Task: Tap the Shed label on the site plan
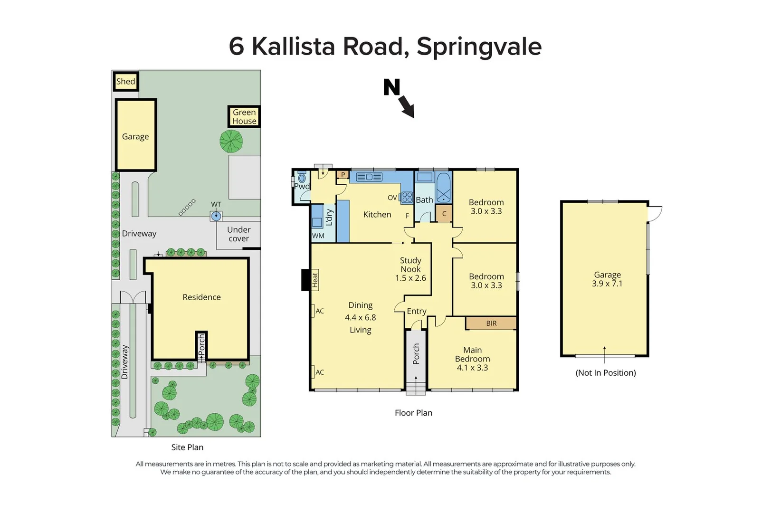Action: point(126,81)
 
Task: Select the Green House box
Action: point(244,117)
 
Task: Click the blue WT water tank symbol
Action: point(216,217)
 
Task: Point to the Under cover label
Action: point(238,234)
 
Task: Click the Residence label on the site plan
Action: point(201,297)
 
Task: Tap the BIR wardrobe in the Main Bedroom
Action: point(491,323)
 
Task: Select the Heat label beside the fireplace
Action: point(315,279)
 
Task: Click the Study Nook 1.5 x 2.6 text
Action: point(410,269)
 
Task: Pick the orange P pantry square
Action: point(343,175)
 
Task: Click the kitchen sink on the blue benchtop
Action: point(369,177)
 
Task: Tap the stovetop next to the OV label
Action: point(407,197)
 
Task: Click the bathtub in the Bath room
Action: point(443,188)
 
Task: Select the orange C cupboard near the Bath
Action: point(444,214)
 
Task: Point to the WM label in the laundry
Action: point(318,236)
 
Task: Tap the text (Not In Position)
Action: point(606,373)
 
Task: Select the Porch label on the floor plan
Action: point(416,354)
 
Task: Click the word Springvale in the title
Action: point(479,47)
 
